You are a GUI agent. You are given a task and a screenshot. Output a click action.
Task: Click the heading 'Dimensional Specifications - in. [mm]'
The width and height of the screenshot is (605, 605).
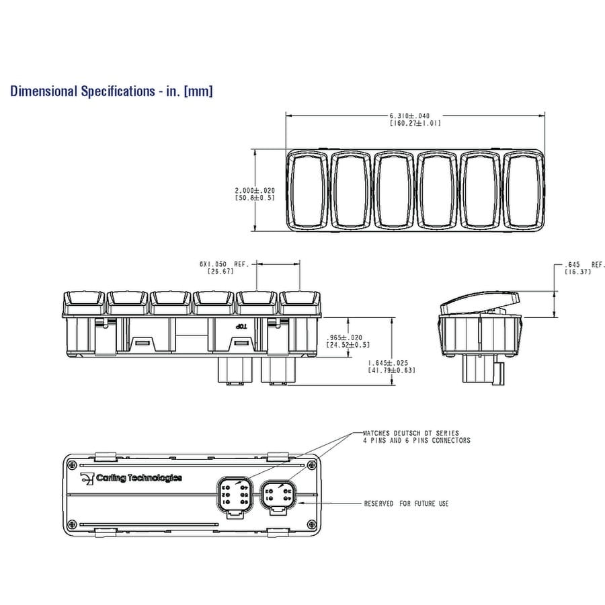(111, 91)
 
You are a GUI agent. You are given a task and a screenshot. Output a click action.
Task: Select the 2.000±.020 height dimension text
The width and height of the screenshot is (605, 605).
(255, 190)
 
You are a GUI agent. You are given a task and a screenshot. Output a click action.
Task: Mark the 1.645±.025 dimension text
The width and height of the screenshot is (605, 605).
(391, 363)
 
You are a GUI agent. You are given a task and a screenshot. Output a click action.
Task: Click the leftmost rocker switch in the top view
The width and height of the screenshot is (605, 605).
(308, 191)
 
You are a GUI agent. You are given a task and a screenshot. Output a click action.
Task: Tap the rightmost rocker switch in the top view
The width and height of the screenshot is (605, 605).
(523, 191)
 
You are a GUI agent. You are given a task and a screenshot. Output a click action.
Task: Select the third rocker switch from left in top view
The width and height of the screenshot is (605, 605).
(394, 191)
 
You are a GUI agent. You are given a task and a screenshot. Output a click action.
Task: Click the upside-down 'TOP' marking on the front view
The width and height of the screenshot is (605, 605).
(241, 326)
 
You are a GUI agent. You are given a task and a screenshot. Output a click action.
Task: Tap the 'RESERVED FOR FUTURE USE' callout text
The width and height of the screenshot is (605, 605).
(406, 503)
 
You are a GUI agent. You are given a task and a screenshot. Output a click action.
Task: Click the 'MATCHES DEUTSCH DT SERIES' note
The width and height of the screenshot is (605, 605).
(411, 433)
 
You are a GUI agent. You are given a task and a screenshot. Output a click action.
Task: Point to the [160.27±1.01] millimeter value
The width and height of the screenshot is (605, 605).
(415, 123)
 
